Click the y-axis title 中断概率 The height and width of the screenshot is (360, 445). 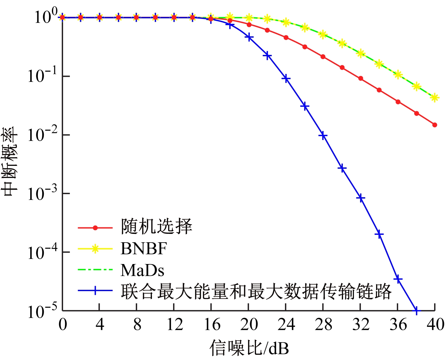[11, 162]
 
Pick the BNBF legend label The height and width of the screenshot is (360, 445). [144, 248]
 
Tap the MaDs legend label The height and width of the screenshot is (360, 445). [142, 270]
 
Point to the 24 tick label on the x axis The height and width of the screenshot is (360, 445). [286, 325]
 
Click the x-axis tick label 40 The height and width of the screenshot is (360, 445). [435, 325]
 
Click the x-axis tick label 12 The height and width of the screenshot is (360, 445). [174, 325]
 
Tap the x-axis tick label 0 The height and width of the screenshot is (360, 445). [62, 325]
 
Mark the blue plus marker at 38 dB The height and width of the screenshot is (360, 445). [416, 310]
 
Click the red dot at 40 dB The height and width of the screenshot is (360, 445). [435, 125]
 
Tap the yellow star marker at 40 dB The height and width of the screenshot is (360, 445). [435, 98]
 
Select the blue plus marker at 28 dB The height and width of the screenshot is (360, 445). [323, 135]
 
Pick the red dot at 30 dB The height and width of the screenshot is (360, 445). [342, 67]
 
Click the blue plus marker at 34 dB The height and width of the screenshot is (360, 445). [379, 234]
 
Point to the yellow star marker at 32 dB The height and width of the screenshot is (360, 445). [360, 53]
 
